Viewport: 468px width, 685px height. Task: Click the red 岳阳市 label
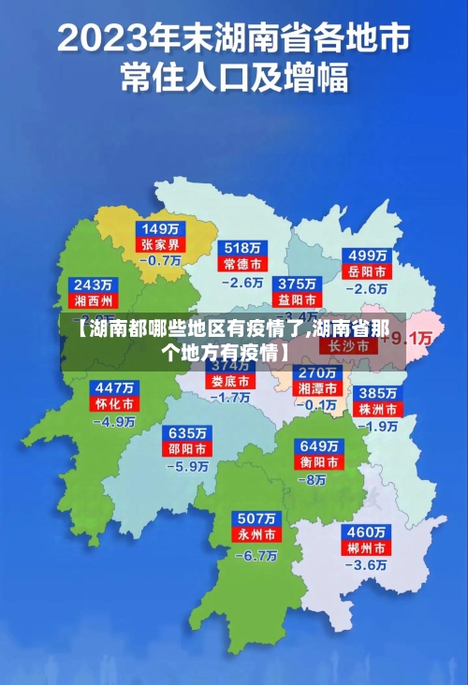click(x=368, y=272)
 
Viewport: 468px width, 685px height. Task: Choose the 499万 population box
click(x=368, y=255)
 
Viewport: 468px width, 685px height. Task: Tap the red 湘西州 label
click(x=94, y=301)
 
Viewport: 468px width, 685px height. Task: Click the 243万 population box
click(x=94, y=284)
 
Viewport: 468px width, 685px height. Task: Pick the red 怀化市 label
click(x=113, y=404)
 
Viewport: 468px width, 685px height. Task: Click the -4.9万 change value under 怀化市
click(x=114, y=422)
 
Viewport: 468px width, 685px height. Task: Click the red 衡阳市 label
click(x=318, y=462)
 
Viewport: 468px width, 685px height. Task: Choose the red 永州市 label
click(x=256, y=535)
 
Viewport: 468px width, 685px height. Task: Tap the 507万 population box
click(x=256, y=518)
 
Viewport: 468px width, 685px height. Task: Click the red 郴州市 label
click(x=366, y=547)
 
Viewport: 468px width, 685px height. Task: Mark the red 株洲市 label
click(x=379, y=409)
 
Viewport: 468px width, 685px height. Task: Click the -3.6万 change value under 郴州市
click(x=366, y=565)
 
